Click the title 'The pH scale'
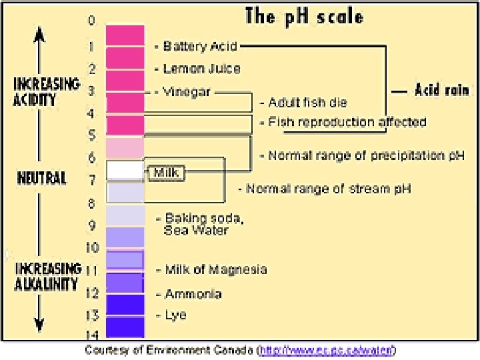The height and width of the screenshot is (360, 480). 304,16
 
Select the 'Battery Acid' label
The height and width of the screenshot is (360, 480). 201,47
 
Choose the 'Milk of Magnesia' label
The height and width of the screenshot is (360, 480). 215,270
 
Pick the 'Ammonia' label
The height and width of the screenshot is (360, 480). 193,293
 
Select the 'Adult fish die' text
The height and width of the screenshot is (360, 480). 307,103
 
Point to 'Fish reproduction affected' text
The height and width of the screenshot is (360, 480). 347,123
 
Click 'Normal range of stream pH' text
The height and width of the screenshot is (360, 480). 329,189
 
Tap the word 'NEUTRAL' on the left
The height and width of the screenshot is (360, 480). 41,179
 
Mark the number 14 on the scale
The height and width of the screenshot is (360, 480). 92,335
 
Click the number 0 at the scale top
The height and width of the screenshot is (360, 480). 91,20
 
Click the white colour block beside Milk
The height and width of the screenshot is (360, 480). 125,170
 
